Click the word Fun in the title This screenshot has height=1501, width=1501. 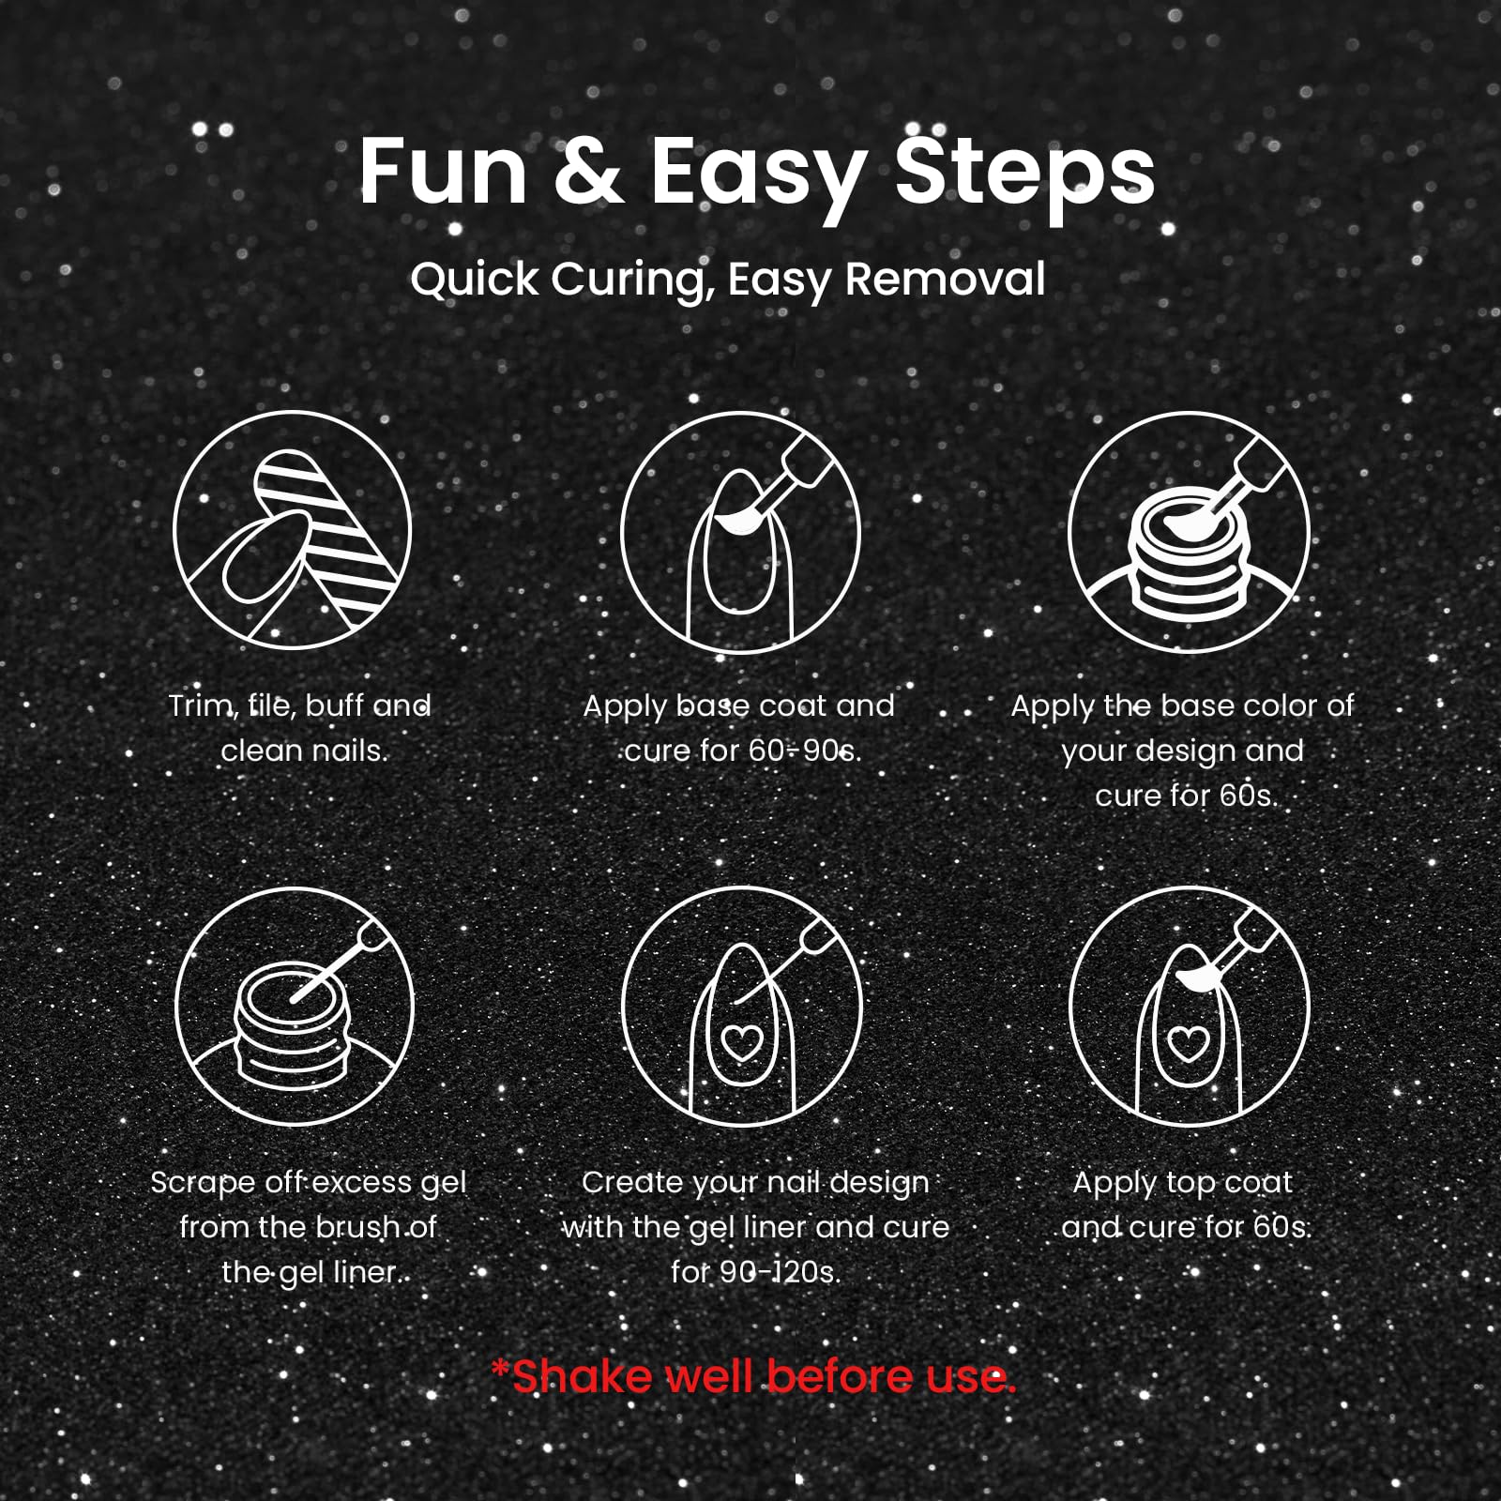443,172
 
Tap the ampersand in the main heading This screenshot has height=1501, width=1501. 588,172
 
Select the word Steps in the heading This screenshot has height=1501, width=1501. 1024,177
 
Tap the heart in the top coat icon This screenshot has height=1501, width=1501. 1188,1043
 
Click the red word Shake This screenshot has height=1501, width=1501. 582,1377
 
